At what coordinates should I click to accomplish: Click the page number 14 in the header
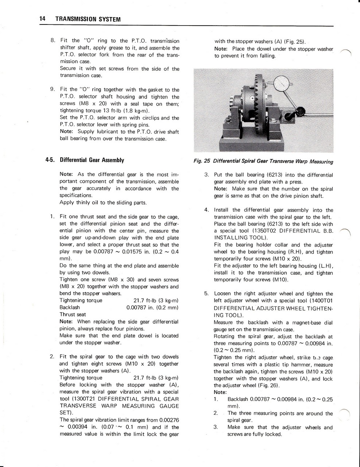click(x=42, y=19)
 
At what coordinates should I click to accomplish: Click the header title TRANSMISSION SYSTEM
click(x=88, y=19)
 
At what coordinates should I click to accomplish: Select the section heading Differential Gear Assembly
click(x=92, y=160)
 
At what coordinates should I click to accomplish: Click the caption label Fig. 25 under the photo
click(x=202, y=161)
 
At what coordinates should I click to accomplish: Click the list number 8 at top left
click(x=53, y=40)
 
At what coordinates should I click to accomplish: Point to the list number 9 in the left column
click(x=53, y=89)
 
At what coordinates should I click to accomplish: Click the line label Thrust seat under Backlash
click(x=73, y=314)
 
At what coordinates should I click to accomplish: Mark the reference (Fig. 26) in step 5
click(x=268, y=385)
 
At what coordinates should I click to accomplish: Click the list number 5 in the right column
click(x=206, y=293)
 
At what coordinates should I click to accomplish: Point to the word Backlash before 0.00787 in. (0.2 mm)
click(x=69, y=307)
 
